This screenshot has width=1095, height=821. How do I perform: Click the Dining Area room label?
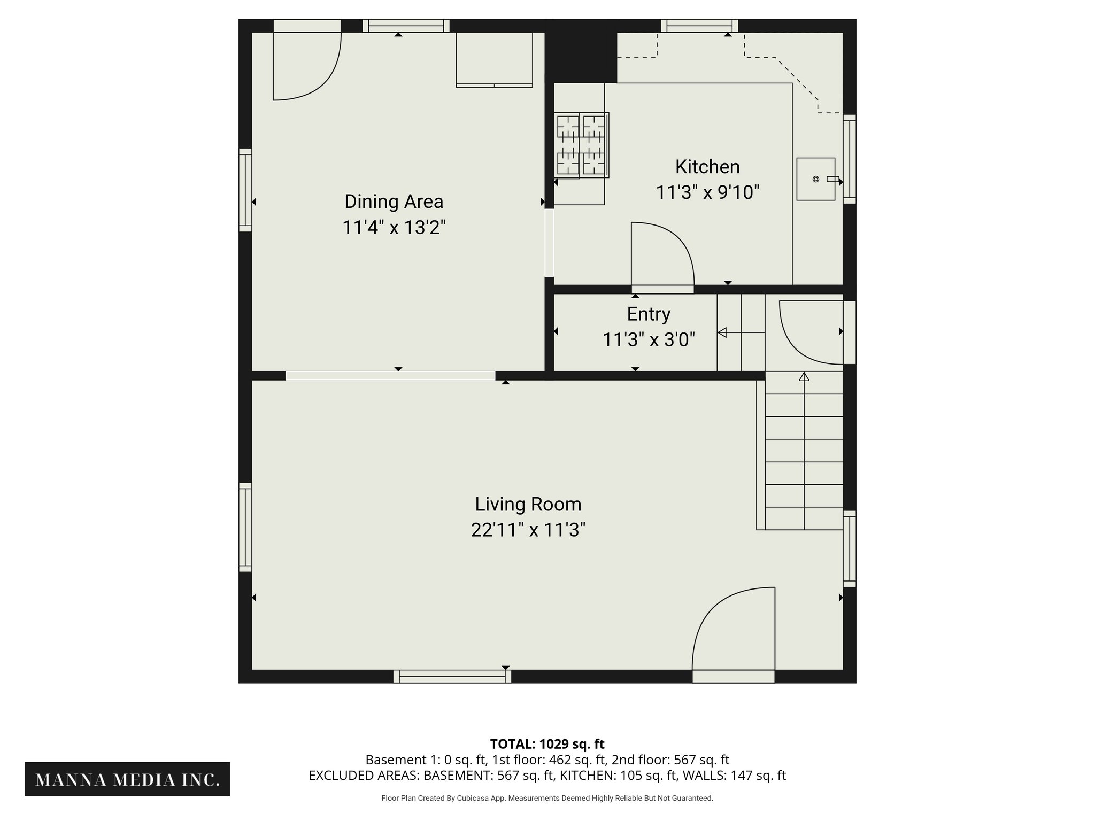394,202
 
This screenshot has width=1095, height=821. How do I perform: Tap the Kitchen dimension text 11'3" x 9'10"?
707,192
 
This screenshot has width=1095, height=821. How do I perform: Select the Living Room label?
528,504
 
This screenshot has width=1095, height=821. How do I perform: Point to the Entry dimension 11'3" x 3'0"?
648,339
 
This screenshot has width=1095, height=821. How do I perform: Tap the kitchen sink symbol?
815,179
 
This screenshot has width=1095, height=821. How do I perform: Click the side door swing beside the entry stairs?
810,331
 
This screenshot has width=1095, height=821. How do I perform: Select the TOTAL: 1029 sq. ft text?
547,744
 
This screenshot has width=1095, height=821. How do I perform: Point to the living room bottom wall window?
452,677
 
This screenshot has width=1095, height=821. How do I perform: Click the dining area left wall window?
245,190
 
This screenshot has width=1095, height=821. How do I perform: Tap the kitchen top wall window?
699,25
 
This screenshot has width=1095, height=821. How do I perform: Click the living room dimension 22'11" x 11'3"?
528,530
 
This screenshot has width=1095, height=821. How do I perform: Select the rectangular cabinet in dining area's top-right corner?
495,59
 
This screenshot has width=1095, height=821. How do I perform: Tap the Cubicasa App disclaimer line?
547,798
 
